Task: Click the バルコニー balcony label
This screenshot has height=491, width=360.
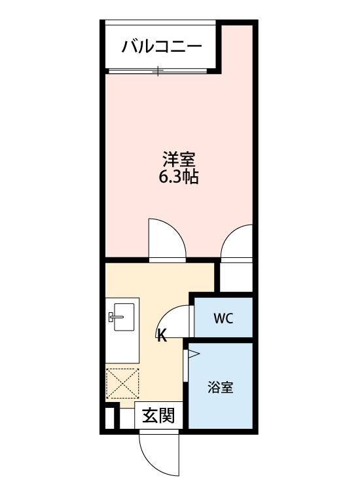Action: click(161, 47)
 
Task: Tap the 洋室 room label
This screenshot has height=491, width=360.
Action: click(179, 159)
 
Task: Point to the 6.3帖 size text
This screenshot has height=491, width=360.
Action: click(179, 177)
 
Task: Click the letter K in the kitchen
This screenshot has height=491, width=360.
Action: click(162, 337)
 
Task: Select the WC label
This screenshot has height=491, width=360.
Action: click(223, 319)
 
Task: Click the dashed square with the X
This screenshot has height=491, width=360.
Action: click(122, 384)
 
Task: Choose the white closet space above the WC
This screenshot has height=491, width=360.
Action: click(236, 276)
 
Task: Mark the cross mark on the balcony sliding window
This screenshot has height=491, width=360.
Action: click(158, 70)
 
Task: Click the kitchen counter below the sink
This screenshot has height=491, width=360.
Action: click(122, 350)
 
